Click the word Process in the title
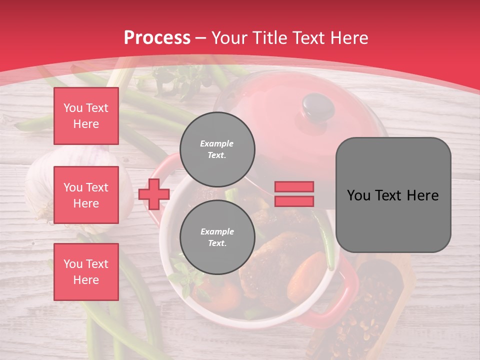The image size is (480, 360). tap(157, 38)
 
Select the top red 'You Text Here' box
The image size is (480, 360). tap(86, 116)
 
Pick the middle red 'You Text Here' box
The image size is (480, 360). tap(86, 195)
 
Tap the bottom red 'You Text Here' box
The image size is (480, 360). tap(86, 272)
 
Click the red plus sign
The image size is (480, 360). tap(154, 194)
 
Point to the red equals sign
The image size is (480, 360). tap(294, 194)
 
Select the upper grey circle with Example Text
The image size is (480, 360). tap(217, 149)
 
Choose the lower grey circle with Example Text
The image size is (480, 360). tap(217, 237)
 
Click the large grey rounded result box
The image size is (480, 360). tap(393, 195)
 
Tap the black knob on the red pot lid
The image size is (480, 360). tap(318, 105)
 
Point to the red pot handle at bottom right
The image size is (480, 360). tap(345, 300)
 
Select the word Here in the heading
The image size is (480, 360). tap(350, 38)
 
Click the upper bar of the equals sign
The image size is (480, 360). tap(294, 186)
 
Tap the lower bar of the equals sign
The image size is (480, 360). tap(294, 201)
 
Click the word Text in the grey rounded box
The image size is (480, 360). tap(393, 195)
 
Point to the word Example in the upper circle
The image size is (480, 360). tap(217, 143)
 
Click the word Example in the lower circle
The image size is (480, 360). tap(217, 231)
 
